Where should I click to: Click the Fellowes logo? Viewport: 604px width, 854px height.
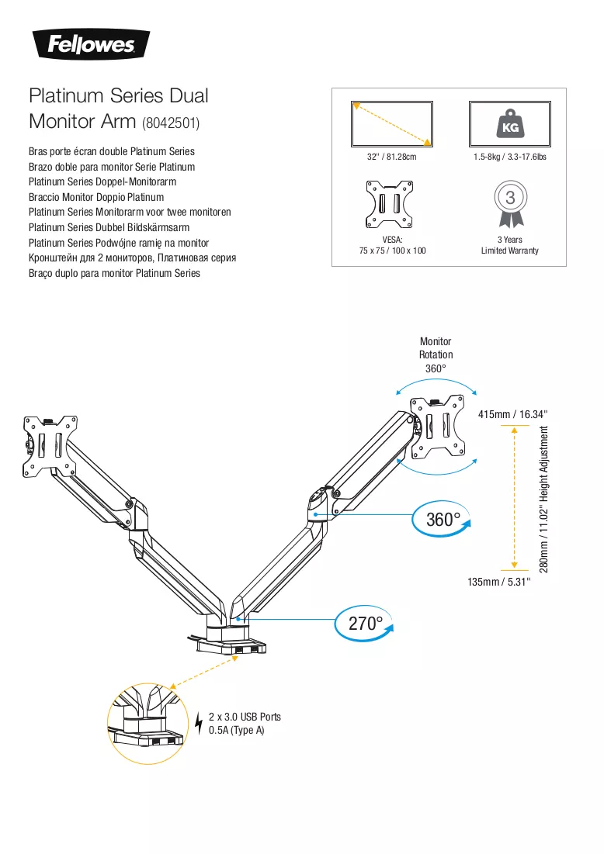coord(92,44)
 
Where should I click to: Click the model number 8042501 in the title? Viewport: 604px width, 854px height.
coord(171,123)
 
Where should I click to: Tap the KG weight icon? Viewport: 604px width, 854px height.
coord(510,123)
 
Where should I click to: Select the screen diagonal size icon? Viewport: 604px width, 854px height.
coord(391,123)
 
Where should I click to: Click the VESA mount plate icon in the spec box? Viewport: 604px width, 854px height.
coord(389,204)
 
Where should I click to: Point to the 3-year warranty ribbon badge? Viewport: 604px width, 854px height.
coord(510,204)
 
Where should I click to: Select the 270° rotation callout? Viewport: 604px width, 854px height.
coord(364,623)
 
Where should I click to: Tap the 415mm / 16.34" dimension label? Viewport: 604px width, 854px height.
coord(512,414)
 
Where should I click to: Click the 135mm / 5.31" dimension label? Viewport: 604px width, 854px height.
coord(498,582)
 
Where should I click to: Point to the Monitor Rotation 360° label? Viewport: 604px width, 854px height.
coord(436,354)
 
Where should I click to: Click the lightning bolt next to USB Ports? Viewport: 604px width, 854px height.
coord(199,723)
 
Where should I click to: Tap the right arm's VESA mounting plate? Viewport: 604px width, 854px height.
coord(439,427)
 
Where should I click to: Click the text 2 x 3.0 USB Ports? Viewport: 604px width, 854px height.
coord(245,717)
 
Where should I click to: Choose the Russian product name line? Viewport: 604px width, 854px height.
coord(133,258)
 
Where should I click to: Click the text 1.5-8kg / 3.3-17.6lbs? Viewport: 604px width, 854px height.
coord(510,157)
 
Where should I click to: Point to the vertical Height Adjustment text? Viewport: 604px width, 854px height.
coord(544,499)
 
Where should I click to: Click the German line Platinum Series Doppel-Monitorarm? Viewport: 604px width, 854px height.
coord(102,182)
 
